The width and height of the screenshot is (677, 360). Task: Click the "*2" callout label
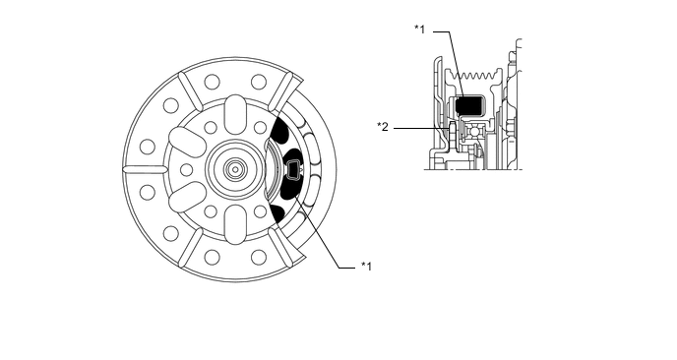(383, 127)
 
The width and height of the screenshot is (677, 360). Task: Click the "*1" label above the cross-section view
(419, 30)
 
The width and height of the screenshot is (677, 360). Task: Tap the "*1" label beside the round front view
(367, 266)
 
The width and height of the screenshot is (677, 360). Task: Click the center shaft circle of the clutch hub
(235, 169)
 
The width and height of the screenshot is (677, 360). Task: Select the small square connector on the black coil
(293, 168)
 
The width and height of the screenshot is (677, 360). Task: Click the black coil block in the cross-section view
(468, 106)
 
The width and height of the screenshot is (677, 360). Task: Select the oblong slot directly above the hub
(235, 113)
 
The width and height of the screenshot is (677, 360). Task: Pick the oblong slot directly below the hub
(235, 224)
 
